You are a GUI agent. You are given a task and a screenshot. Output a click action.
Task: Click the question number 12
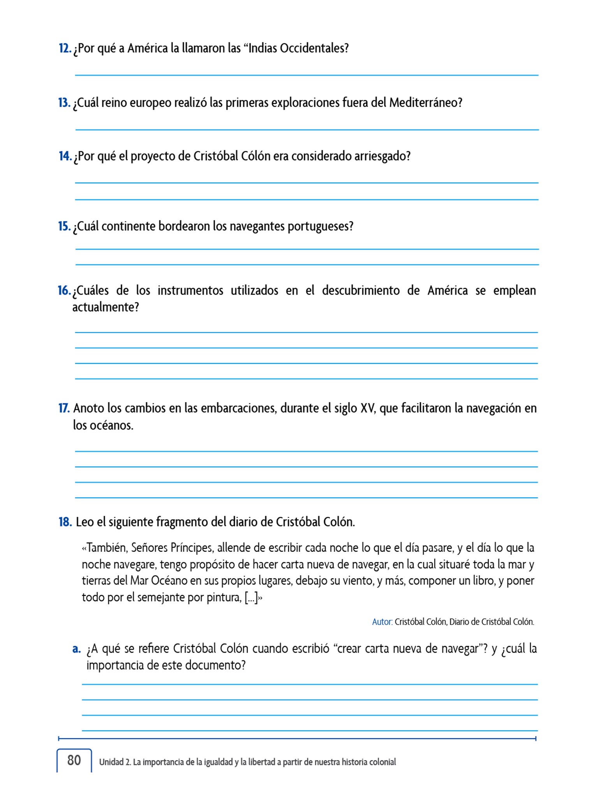65,49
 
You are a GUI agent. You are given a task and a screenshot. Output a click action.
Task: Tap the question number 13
64,103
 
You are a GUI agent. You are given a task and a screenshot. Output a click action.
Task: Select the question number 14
65,156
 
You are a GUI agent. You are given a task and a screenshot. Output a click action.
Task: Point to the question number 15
64,226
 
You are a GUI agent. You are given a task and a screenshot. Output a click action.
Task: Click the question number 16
64,291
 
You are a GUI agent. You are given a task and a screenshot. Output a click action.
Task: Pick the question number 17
64,408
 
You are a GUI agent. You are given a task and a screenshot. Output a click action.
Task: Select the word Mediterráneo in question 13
425,103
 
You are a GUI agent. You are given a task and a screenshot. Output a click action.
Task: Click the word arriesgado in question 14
382,156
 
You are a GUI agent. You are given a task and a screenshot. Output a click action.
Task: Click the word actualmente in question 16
105,307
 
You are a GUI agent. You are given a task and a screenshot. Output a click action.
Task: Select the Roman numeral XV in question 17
368,408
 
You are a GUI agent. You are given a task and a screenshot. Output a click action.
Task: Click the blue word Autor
382,622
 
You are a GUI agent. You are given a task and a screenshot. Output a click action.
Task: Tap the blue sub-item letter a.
76,649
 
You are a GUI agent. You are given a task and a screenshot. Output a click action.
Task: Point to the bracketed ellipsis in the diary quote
251,597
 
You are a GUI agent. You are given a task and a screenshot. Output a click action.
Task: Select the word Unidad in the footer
111,762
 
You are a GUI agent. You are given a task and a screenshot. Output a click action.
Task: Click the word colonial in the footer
382,762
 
